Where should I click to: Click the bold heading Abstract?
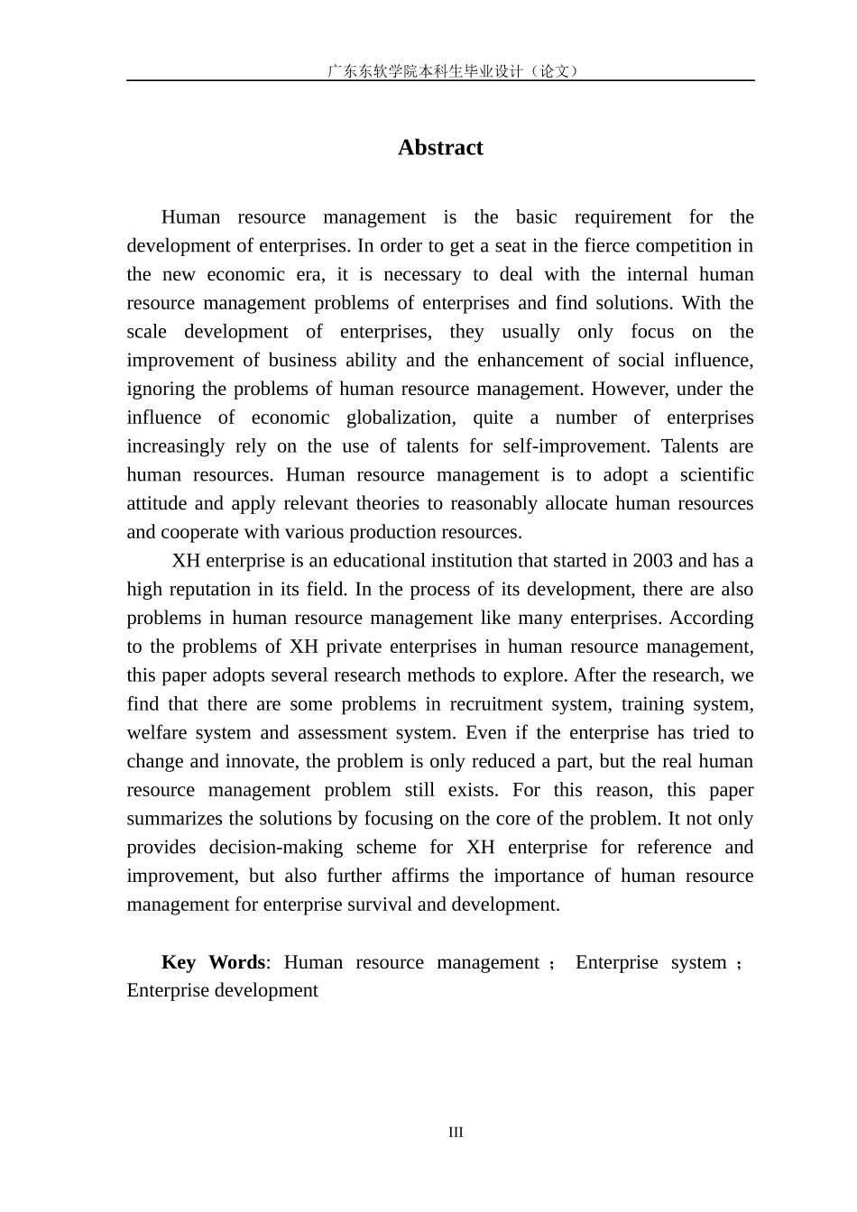(x=440, y=148)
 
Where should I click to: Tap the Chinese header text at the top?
(x=452, y=70)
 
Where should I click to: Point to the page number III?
(x=456, y=1132)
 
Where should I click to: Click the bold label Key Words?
(x=213, y=962)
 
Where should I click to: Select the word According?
(x=711, y=619)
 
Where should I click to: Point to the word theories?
(x=386, y=504)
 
